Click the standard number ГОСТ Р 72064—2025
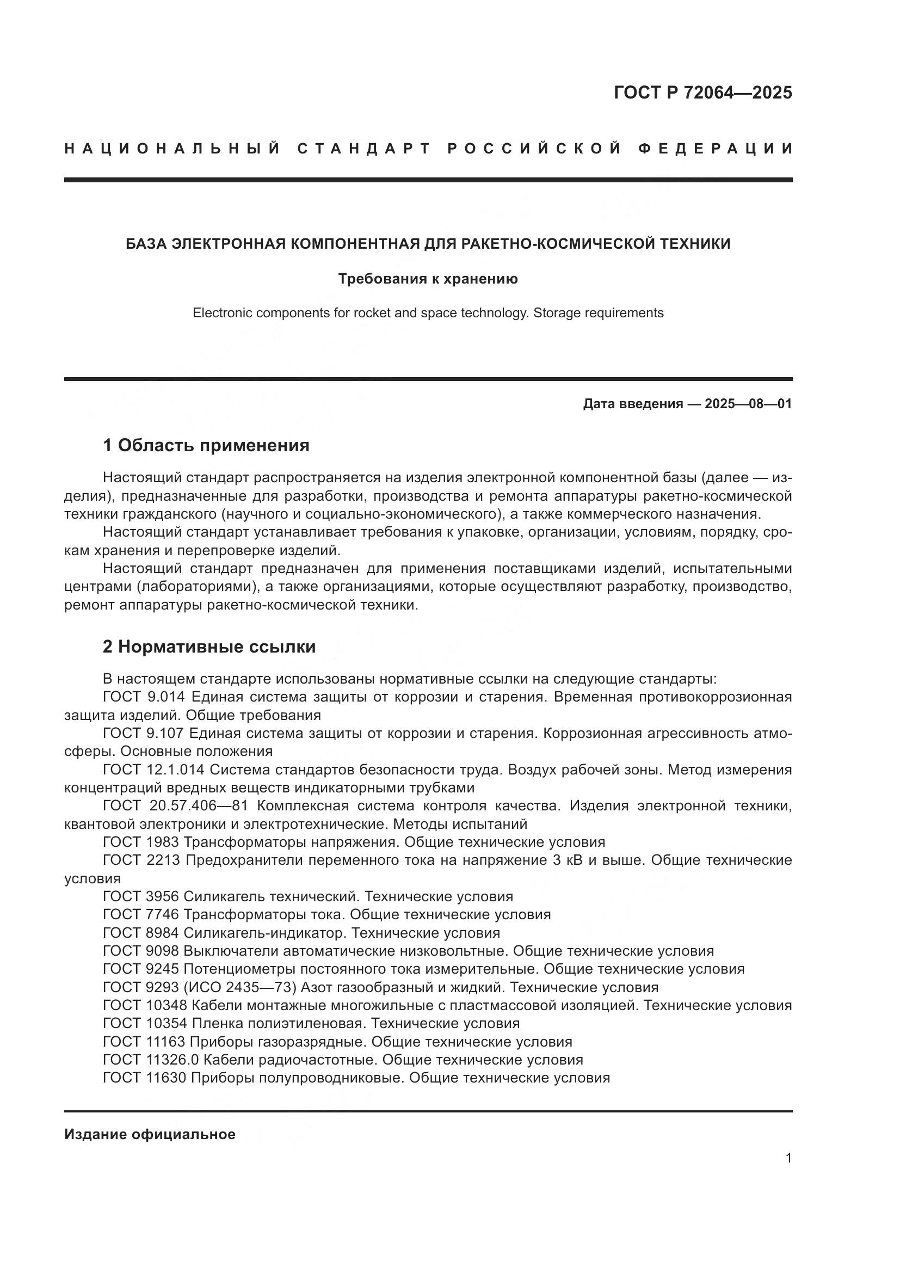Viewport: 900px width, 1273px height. [x=702, y=93]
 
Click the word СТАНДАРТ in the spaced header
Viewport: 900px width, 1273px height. [x=364, y=149]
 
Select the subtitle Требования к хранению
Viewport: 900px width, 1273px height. [x=428, y=279]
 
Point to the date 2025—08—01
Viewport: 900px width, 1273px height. [x=748, y=404]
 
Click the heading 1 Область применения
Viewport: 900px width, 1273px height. [x=206, y=445]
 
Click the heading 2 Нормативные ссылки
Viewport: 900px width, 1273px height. [x=209, y=647]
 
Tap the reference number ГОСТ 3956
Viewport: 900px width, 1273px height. [x=141, y=896]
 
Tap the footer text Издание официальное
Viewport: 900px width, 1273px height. [x=150, y=1134]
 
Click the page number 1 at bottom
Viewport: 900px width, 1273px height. [x=788, y=1158]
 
